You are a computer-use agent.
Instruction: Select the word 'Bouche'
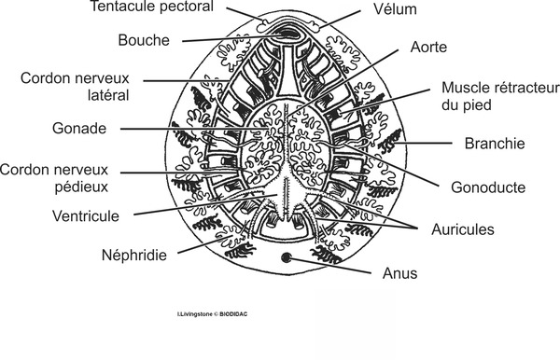coord(144,40)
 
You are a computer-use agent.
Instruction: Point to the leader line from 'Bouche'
coord(224,39)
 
